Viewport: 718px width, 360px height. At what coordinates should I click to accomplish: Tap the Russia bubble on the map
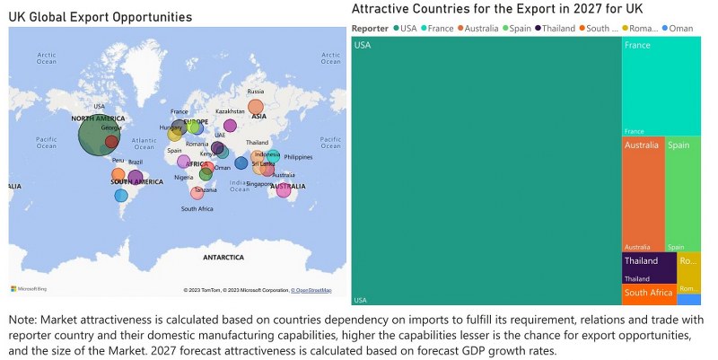pos(256,107)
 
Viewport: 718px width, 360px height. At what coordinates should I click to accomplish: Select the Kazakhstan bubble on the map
pos(230,126)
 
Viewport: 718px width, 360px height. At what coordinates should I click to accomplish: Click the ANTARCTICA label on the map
pos(223,258)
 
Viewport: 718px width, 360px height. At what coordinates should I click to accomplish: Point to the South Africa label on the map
pos(197,209)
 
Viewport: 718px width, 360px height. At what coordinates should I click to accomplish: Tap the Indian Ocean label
pos(239,186)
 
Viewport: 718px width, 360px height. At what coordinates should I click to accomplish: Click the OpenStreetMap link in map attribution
pos(313,290)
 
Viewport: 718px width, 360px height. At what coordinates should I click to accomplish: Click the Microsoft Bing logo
pos(29,288)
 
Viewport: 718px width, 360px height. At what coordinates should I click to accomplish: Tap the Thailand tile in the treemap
pos(649,268)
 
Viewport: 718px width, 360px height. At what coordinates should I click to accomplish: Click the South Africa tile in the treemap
pos(649,294)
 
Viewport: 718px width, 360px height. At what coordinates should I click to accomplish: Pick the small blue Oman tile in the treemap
pos(689,300)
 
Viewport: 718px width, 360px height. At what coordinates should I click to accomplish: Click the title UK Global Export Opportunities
pos(101,17)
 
